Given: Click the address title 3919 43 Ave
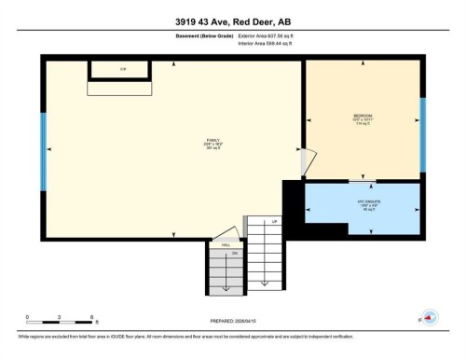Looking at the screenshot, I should (x=232, y=21).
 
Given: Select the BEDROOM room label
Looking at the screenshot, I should (x=363, y=118).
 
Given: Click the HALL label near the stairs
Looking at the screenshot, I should (x=226, y=244).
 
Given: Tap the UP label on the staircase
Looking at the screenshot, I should (x=274, y=222).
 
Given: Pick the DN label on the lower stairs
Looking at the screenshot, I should (x=235, y=254).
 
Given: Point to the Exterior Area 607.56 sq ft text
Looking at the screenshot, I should (x=271, y=35).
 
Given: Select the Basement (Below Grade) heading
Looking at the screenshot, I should (x=204, y=35).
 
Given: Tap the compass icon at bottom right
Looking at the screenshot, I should (x=430, y=318).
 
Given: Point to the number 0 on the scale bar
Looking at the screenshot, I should (x=28, y=317).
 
